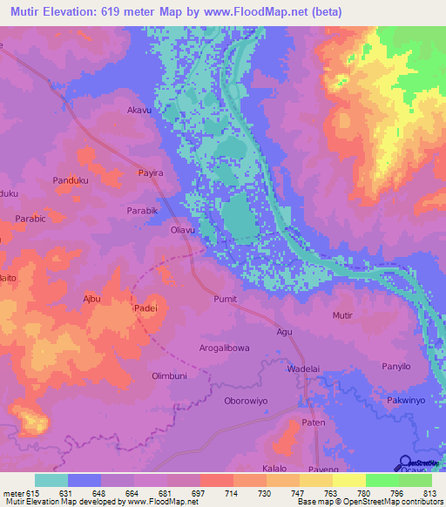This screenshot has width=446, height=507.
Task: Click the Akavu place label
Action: (139, 111)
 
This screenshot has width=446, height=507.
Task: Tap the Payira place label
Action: (151, 173)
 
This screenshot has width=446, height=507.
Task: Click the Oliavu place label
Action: (182, 230)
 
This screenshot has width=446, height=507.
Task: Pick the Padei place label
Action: (145, 308)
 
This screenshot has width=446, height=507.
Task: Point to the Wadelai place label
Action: (304, 369)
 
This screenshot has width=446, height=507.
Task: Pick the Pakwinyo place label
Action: (406, 401)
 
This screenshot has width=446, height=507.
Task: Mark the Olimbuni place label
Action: (171, 375)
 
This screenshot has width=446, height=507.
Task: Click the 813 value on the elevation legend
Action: (429, 492)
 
